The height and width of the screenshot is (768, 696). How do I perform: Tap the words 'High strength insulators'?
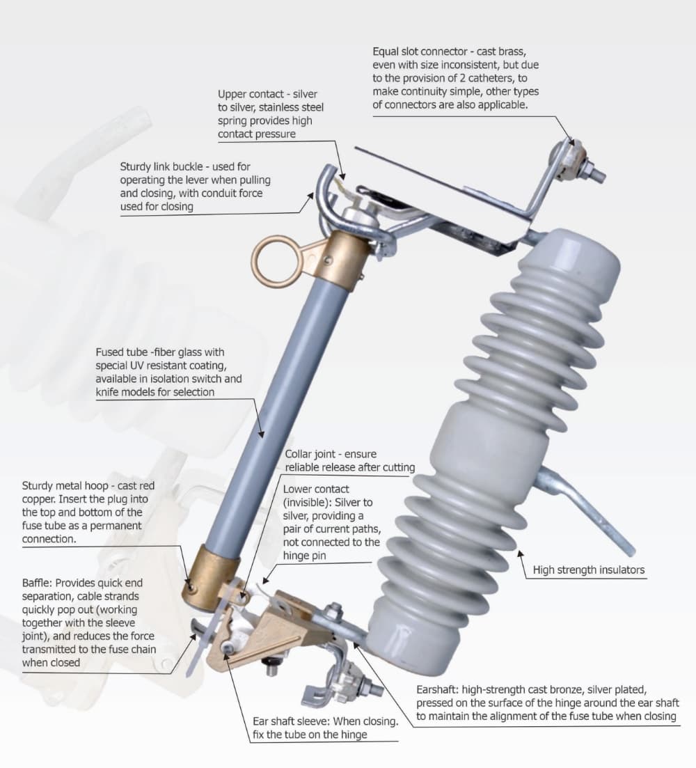(x=588, y=570)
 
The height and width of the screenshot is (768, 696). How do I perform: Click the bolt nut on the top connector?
(x=590, y=169)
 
